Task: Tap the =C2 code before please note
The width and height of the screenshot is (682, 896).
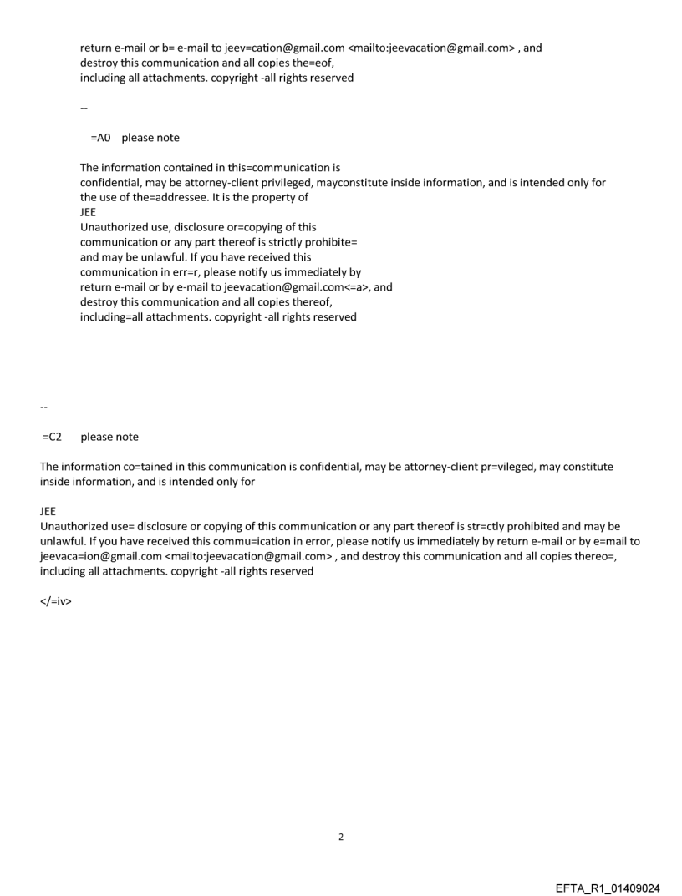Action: [54, 437]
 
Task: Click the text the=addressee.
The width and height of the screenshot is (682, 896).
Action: [177, 198]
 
